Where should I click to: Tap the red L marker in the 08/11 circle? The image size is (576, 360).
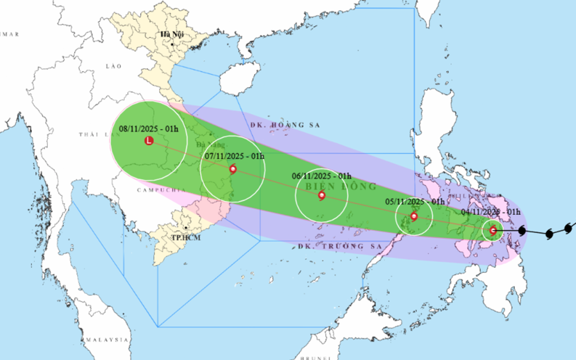point(150,140)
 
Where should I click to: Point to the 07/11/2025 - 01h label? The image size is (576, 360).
point(233,156)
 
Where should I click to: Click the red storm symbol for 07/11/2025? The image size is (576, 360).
point(232,169)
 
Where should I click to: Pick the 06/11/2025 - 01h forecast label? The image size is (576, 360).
point(321,176)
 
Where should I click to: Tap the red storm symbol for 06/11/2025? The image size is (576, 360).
point(321,195)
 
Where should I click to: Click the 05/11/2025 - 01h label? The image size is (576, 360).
point(415,201)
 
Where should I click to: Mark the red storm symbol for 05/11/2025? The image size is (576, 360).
point(414,216)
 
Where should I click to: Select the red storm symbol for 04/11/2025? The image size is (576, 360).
point(493,231)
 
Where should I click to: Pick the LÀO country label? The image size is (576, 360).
point(113,65)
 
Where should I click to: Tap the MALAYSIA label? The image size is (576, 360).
point(106,340)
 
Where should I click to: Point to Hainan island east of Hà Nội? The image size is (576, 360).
point(239,78)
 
